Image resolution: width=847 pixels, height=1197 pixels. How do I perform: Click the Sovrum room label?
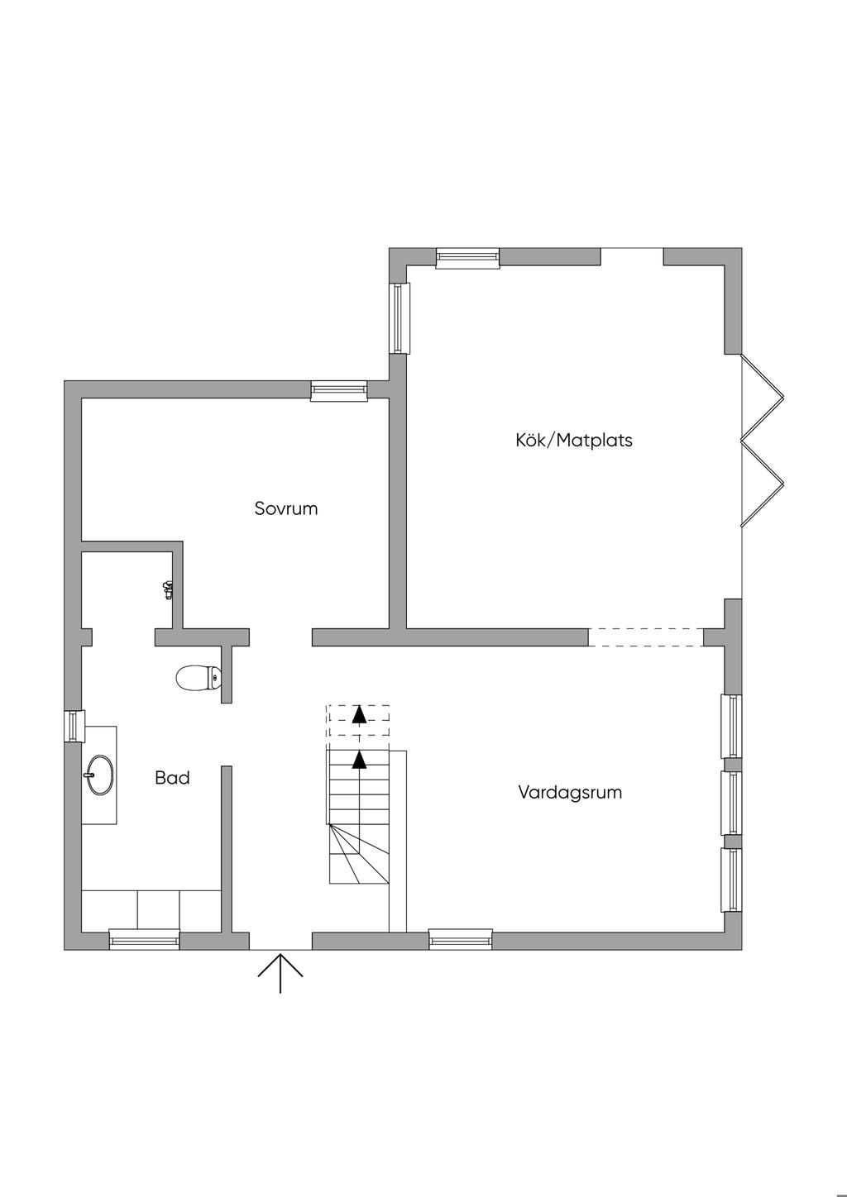coord(285,508)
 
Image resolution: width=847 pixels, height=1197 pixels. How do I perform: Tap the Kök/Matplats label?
coord(573,440)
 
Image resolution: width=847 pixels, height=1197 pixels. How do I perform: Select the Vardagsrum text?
coord(570,792)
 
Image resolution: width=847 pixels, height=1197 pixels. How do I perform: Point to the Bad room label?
coord(172,778)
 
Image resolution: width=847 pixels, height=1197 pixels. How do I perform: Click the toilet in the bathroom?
coord(199,678)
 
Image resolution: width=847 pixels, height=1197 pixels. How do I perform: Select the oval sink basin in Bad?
coord(100,775)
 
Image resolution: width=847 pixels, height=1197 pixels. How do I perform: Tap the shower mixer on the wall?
coord(168,589)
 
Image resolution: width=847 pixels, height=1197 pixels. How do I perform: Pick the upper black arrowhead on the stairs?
coord(359,715)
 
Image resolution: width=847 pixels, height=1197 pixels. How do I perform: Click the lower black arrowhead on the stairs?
coord(359,760)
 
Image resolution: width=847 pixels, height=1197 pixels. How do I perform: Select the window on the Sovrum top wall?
coord(338,390)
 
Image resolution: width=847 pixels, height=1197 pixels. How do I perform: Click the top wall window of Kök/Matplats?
coord(467,258)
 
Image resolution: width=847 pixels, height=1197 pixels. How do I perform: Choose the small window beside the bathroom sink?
coord(74,726)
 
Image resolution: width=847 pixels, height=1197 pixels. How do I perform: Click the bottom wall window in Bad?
coord(144,940)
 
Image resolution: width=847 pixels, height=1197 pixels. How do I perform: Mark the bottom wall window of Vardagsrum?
coord(461,940)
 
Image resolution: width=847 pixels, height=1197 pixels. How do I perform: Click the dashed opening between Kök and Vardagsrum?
coord(645,637)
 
